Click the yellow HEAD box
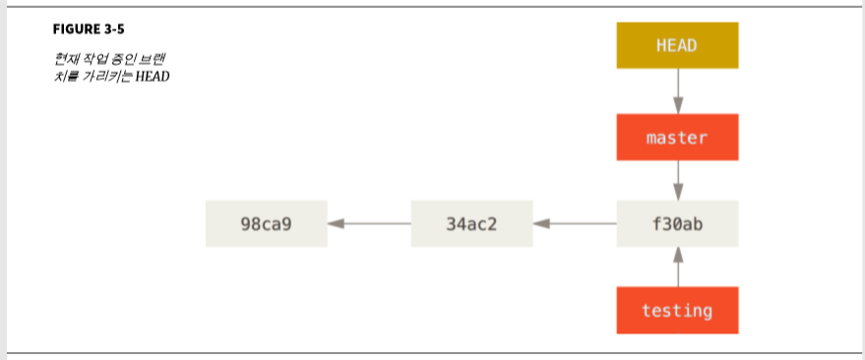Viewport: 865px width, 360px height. [677, 45]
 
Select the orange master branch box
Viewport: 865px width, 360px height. [677, 137]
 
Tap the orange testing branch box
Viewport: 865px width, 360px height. [677, 310]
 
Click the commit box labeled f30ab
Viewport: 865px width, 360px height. [677, 223]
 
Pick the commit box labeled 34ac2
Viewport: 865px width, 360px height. [471, 223]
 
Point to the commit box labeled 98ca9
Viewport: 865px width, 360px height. [266, 223]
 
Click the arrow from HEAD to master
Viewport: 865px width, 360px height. [677, 90]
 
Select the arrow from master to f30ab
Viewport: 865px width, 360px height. [677, 180]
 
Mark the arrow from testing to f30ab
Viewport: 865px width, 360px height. [677, 268]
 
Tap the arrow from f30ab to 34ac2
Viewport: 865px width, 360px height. [575, 223]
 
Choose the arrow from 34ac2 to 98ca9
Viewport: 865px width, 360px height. [369, 223]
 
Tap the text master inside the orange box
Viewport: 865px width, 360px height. [677, 137]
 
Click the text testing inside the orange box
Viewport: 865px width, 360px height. [677, 310]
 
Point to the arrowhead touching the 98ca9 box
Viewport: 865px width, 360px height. [336, 223]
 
